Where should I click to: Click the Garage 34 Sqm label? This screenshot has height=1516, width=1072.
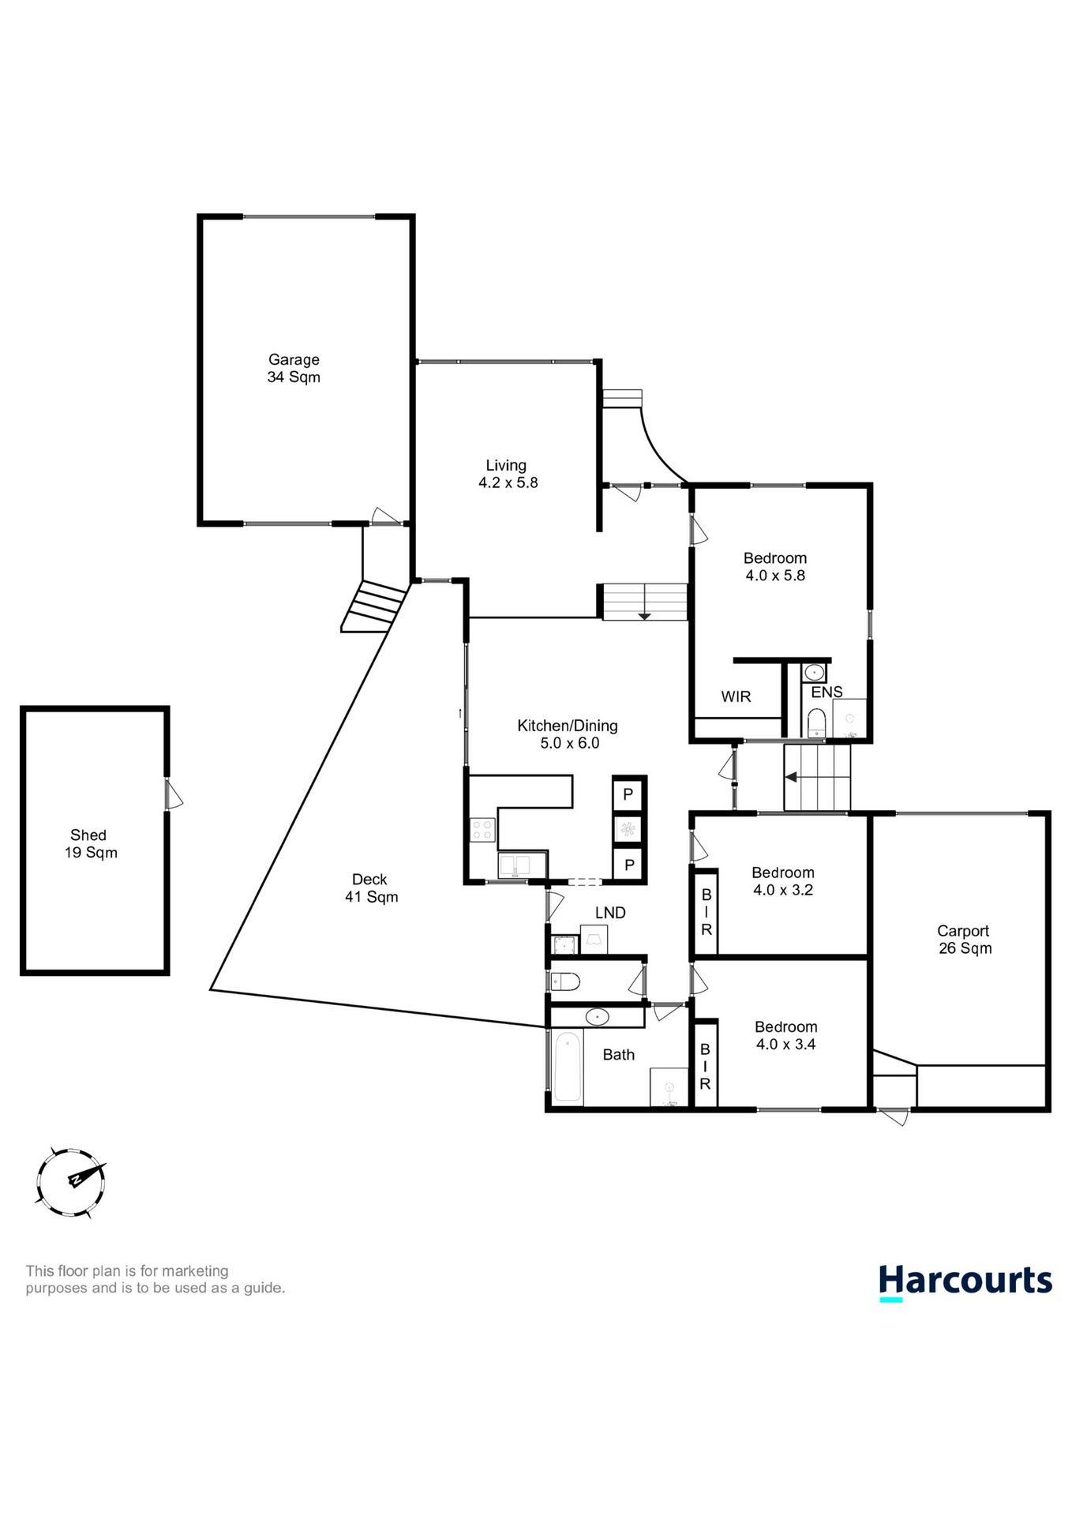294,368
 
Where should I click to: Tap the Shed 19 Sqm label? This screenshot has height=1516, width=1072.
90,843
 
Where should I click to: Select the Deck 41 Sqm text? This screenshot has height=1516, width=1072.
370,887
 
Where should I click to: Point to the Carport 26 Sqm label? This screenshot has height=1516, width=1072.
964,940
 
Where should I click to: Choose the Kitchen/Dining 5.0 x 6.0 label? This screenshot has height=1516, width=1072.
568,734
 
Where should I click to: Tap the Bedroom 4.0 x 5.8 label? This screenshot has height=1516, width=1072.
774,566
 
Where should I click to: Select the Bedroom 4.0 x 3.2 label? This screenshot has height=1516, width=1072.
782,880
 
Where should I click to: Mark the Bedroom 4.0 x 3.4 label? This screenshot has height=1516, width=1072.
785,1035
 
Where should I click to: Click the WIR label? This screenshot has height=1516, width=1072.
736,696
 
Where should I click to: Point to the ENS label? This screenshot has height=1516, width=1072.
826,692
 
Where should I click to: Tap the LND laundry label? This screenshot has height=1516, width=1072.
610,913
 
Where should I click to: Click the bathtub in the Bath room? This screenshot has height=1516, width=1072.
567,1068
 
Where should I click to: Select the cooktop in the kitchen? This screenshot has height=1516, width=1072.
482,830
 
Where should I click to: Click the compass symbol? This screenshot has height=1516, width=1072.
71,1181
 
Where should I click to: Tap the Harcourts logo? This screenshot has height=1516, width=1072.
965,1281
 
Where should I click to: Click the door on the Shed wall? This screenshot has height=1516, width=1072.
172,794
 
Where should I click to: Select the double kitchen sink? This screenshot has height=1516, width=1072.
522,865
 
